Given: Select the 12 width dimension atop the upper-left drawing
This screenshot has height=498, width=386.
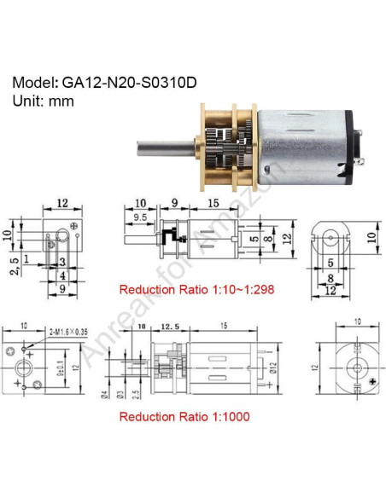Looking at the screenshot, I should (x=61, y=203).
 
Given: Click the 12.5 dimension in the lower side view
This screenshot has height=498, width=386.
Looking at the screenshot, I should (x=169, y=327).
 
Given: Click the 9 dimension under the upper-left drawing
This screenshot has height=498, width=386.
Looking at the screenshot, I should (x=62, y=288).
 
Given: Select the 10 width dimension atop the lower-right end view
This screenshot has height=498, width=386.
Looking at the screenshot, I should (x=344, y=322).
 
